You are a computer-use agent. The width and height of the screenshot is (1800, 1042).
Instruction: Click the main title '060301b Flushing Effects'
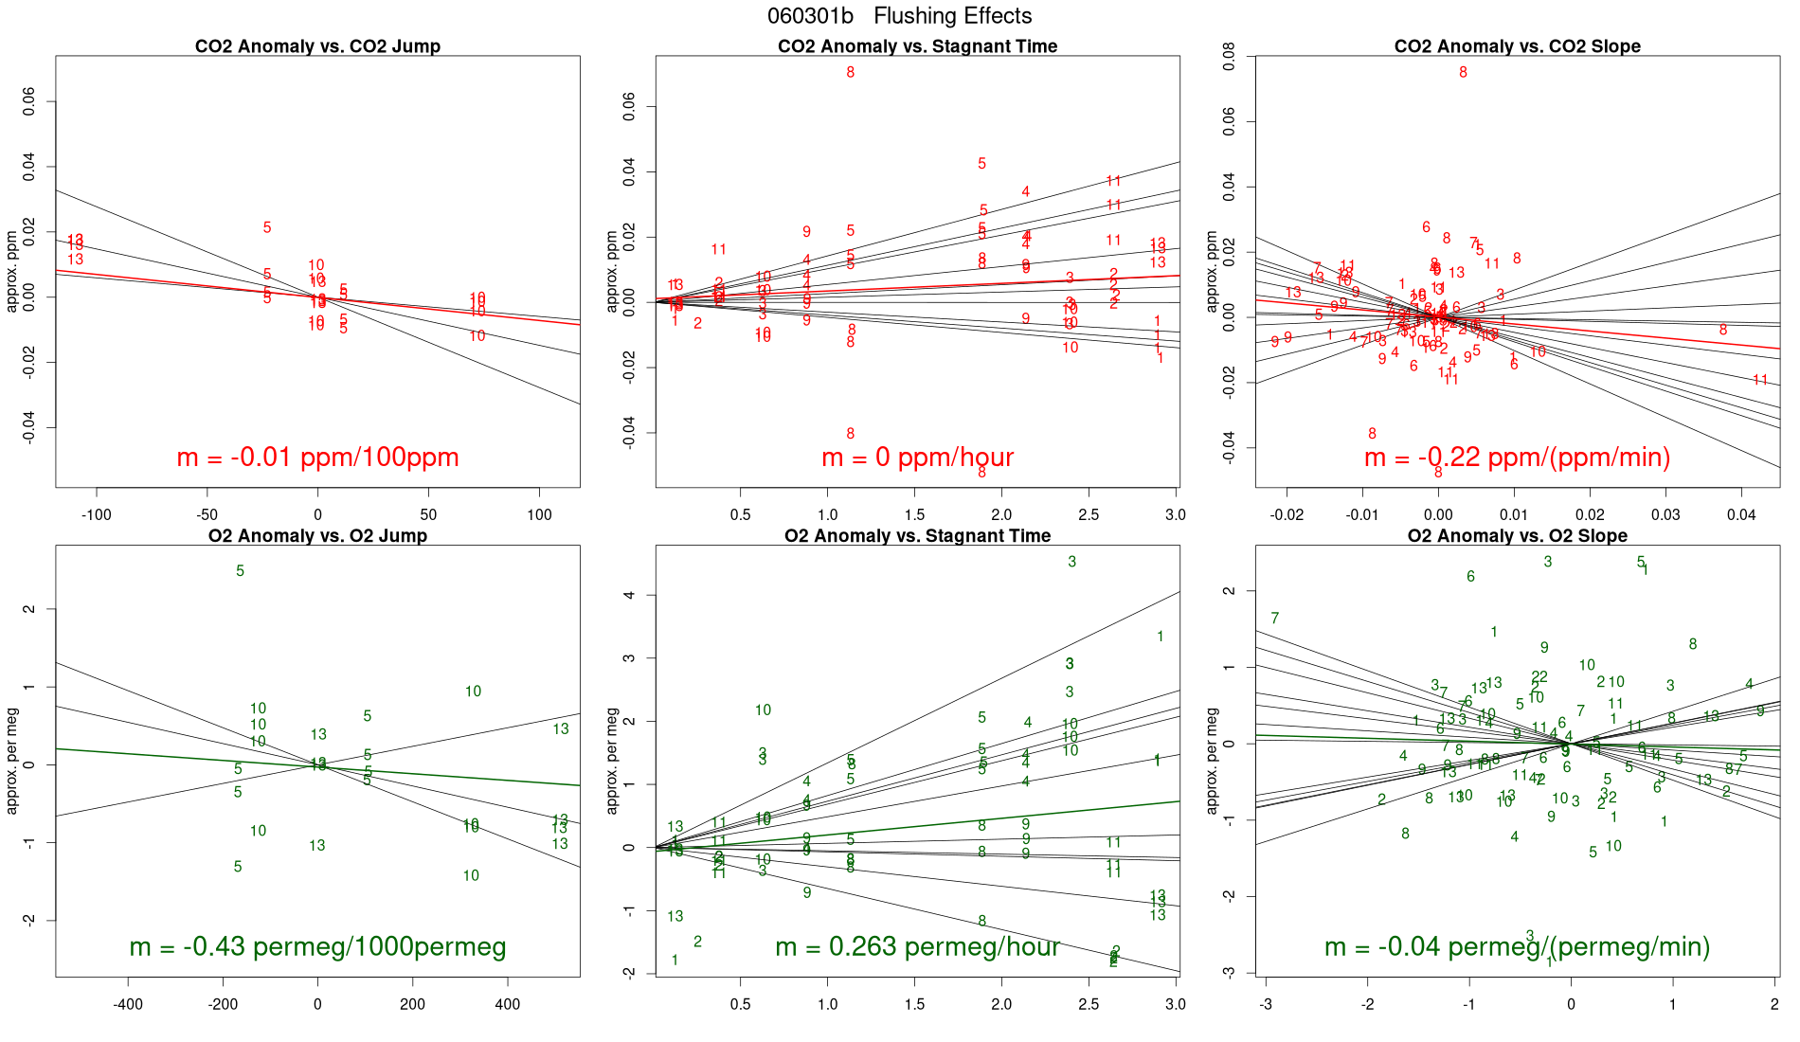coord(899,16)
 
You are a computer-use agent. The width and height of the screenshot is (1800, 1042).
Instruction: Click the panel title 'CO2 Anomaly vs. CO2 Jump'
coord(317,46)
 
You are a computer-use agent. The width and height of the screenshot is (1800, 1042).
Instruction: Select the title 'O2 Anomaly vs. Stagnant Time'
coord(917,536)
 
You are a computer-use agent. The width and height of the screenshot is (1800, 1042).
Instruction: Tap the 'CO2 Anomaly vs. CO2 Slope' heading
coord(1517,46)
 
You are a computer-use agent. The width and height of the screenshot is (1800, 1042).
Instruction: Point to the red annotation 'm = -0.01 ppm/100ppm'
coord(317,458)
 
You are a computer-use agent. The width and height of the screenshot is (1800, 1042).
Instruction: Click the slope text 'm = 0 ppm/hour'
coord(917,458)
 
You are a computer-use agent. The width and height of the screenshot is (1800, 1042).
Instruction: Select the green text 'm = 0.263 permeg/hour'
coord(917,946)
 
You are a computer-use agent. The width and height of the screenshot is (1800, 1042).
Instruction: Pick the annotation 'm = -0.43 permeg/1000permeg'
coord(317,946)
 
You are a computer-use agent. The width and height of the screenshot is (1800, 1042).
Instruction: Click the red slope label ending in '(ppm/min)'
coord(1517,458)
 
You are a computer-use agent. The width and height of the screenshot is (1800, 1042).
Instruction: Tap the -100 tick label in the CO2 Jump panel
coord(96,515)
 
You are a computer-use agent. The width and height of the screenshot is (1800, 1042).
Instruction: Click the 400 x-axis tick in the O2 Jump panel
coord(507,1004)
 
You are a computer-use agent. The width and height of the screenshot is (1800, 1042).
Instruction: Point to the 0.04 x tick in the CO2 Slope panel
coord(1741,515)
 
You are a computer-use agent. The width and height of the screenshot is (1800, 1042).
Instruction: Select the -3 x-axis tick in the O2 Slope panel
coord(1266,1004)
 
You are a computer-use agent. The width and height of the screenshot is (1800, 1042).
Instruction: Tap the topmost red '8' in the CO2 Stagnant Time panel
coord(851,73)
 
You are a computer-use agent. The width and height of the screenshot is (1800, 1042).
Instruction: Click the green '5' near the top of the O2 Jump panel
coord(240,571)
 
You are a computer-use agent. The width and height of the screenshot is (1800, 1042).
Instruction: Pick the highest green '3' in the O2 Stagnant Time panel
coord(1071,562)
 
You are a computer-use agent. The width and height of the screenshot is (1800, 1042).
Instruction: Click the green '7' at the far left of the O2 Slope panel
coord(1275,619)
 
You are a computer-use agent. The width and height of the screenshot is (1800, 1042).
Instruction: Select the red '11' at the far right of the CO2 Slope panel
coord(1760,381)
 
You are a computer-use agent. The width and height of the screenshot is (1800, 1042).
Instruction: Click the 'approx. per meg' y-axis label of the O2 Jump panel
coord(12,761)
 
